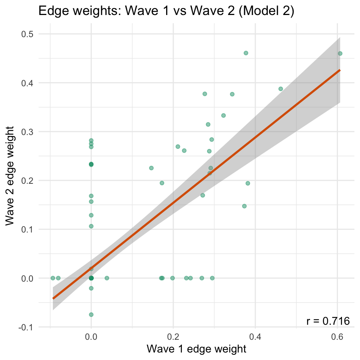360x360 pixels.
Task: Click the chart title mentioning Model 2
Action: click(166, 12)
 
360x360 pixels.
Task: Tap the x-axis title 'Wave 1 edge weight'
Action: click(196, 349)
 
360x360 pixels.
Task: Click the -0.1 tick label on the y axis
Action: click(26, 327)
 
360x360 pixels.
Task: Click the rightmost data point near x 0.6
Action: click(340, 53)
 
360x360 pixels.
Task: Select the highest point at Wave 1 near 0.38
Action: click(246, 53)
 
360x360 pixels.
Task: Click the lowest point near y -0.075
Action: click(91, 315)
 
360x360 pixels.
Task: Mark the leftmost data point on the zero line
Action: click(53, 278)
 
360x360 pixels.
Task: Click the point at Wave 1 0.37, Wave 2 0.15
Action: click(244, 206)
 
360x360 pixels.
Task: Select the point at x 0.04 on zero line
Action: click(107, 278)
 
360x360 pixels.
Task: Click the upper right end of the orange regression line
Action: click(340, 70)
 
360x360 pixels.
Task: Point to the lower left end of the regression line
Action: click(53, 298)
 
